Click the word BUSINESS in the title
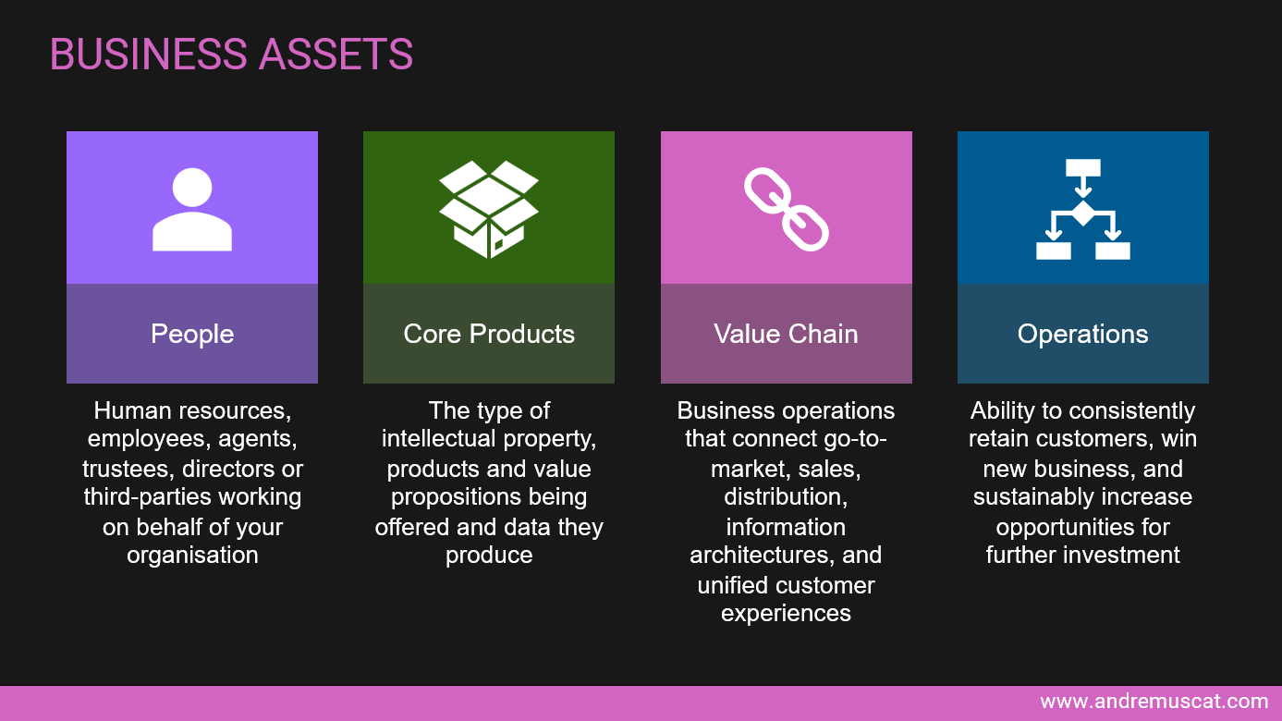pyautogui.click(x=149, y=55)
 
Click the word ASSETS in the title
pyautogui.click(x=336, y=55)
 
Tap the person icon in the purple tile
pyautogui.click(x=192, y=210)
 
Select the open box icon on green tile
pyautogui.click(x=489, y=210)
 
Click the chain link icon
pyautogui.click(x=787, y=210)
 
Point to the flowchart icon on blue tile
pyautogui.click(x=1083, y=210)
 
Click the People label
pyautogui.click(x=192, y=335)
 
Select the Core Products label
pyautogui.click(x=489, y=334)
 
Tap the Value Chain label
pyautogui.click(x=786, y=334)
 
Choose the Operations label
pyautogui.click(x=1083, y=335)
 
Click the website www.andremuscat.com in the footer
pyautogui.click(x=1154, y=701)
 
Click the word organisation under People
pyautogui.click(x=192, y=555)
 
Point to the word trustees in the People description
pyautogui.click(x=128, y=470)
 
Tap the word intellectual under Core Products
pyautogui.click(x=438, y=439)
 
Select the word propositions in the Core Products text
pyautogui.click(x=454, y=497)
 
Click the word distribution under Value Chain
pyautogui.click(x=786, y=496)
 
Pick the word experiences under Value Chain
pyautogui.click(x=786, y=614)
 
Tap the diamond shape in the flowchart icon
pyautogui.click(x=1083, y=213)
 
